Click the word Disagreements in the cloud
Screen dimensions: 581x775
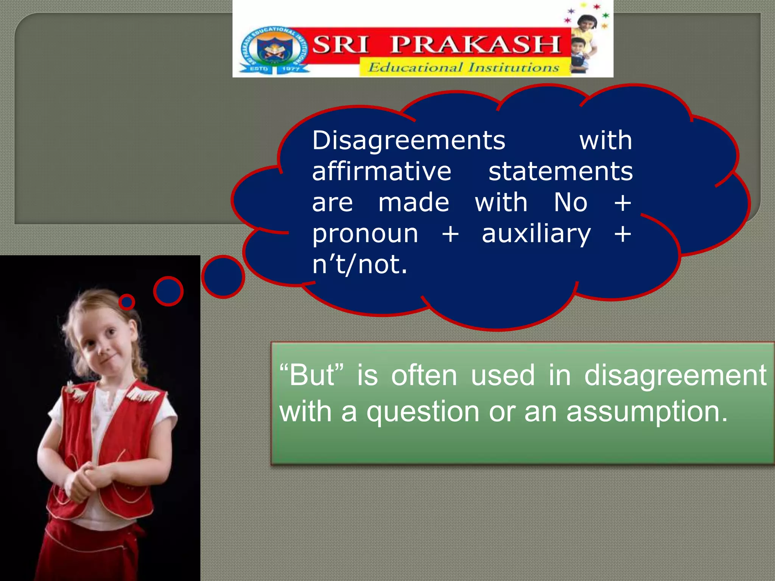[408, 140]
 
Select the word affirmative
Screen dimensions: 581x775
[381, 171]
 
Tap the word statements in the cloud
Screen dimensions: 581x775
[560, 171]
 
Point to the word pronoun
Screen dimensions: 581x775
[365, 234]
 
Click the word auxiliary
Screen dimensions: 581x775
[536, 234]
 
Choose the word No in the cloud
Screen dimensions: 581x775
[570, 202]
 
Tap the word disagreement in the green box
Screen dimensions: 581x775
[675, 375]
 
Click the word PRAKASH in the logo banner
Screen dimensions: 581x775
[475, 45]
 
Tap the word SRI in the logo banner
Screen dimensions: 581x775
[340, 45]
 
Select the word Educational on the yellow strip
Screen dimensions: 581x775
[415, 67]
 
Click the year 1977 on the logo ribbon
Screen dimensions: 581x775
[291, 68]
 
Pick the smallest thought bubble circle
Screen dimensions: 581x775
[127, 302]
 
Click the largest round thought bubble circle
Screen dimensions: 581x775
[223, 277]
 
